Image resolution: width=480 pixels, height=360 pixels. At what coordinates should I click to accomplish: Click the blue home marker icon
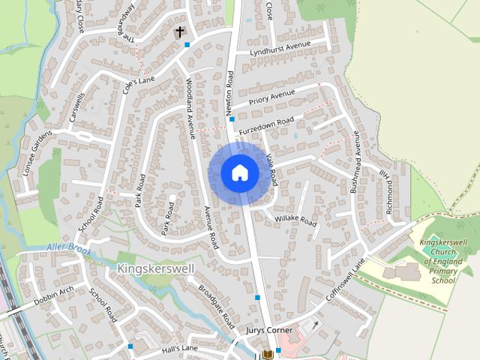[240, 172]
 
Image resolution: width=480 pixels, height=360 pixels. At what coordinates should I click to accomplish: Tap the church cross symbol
[179, 32]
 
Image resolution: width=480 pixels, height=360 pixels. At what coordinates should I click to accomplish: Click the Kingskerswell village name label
[156, 268]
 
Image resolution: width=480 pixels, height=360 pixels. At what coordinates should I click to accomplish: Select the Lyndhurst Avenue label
[280, 49]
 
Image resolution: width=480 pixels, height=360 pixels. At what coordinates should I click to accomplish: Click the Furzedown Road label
[266, 125]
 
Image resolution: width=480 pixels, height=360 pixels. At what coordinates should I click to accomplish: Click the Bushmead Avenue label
[355, 165]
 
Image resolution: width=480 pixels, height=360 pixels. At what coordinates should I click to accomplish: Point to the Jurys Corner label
[266, 329]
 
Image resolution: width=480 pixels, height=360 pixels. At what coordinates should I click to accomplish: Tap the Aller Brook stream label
[68, 247]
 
